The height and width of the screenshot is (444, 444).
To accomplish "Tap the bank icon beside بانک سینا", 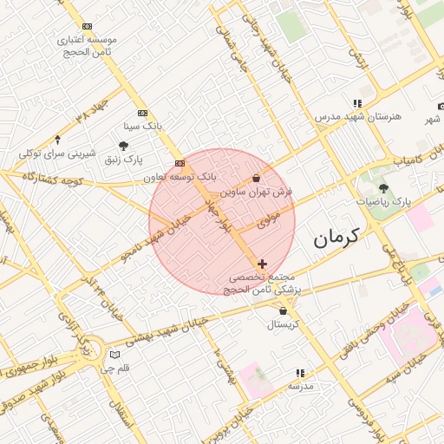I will coord(142,113).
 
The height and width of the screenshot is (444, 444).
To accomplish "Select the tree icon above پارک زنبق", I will coord(124,145).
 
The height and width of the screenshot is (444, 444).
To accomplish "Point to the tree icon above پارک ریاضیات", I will coord(383,187).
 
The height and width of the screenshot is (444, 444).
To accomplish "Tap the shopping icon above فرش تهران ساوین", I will coord(256,178).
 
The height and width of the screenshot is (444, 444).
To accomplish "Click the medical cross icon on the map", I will coord(262,263).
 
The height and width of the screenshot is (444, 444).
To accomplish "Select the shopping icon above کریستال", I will coord(283,310).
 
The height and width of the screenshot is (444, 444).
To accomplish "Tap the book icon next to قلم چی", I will coord(114,355).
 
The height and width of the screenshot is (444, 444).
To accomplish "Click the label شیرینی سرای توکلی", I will coord(57,153).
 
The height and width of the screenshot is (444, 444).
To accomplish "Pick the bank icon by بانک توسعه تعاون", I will coord(180,163).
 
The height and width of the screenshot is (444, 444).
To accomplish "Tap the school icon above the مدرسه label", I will coord(299,373).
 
